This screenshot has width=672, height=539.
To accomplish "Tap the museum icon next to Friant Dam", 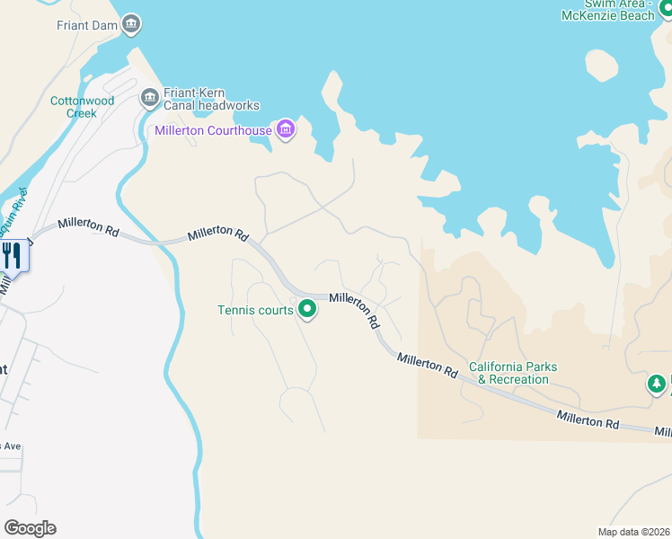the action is click(132, 24).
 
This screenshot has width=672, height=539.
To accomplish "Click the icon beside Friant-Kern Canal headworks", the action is click(150, 96).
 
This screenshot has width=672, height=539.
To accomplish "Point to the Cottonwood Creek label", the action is click(83, 107).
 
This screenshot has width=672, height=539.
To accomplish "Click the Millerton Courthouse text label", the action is click(213, 131).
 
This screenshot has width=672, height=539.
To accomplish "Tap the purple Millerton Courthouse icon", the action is click(286, 130).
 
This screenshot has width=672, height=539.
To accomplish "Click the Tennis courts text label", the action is click(255, 311).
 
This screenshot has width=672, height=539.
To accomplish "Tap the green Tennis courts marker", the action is click(307, 310).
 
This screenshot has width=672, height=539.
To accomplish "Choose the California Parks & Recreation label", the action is click(513, 373).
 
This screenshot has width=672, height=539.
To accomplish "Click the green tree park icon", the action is click(657, 384).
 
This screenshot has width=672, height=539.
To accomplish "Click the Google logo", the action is click(30, 528).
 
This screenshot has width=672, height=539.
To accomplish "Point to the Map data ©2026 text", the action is click(633, 532).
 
